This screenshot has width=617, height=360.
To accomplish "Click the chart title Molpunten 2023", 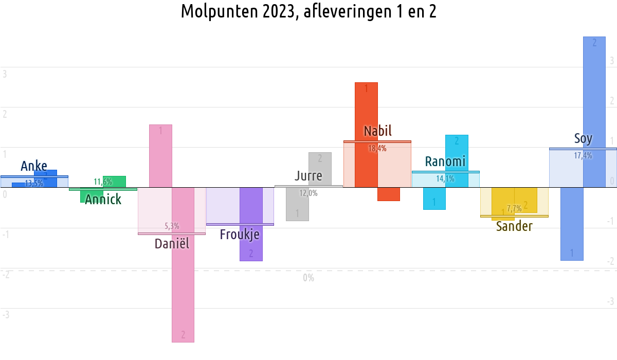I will (x=308, y=11).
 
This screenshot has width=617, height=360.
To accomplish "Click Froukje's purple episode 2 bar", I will (x=251, y=224).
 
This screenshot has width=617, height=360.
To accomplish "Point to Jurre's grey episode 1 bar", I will (x=297, y=204).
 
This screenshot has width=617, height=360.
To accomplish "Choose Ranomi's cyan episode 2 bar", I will (x=457, y=160).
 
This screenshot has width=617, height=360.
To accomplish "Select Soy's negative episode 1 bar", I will (x=571, y=224).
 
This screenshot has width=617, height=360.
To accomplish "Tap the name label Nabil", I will (x=377, y=131).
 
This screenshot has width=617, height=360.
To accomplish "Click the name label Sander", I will (x=514, y=226).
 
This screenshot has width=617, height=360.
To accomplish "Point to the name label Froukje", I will (x=240, y=235).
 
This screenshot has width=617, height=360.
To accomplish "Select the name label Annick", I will (x=103, y=200).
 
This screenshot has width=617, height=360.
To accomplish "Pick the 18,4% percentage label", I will (x=377, y=149).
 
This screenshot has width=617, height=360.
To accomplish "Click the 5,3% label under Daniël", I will (x=172, y=226).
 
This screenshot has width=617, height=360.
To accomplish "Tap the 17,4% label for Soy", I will (x=583, y=156).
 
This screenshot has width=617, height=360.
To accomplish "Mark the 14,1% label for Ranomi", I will (x=445, y=179).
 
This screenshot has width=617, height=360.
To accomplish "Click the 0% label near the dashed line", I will (x=308, y=278).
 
